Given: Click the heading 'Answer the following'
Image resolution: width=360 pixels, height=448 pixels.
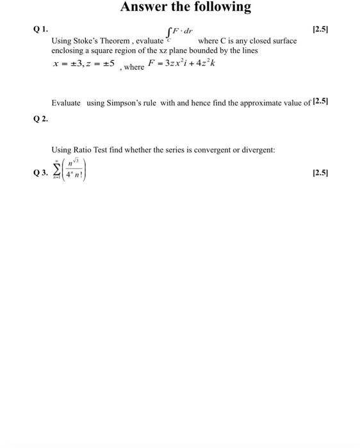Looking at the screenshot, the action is click(186, 8).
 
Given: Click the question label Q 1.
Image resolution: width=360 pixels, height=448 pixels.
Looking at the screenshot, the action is click(40, 29).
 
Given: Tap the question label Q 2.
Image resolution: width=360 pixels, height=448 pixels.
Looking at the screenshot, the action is click(40, 119).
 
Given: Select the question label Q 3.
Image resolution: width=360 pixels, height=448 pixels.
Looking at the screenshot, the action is click(40, 173).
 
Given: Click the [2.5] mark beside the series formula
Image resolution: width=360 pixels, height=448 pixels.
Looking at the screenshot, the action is click(318, 173).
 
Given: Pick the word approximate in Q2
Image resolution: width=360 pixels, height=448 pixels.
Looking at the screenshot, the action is click(248, 102).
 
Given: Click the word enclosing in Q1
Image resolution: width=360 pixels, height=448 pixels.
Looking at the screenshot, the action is click(69, 50).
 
